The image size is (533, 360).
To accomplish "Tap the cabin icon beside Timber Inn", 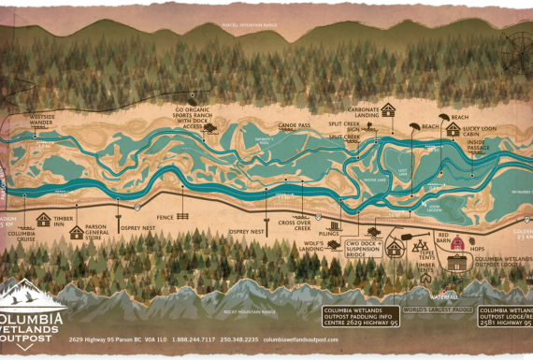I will (43, 220).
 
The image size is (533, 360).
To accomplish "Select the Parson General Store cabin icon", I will (76, 232).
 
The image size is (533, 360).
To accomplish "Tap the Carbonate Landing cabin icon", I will (387, 109).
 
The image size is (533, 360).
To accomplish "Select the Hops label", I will (477, 249).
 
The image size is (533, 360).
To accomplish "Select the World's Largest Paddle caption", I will (438, 309).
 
